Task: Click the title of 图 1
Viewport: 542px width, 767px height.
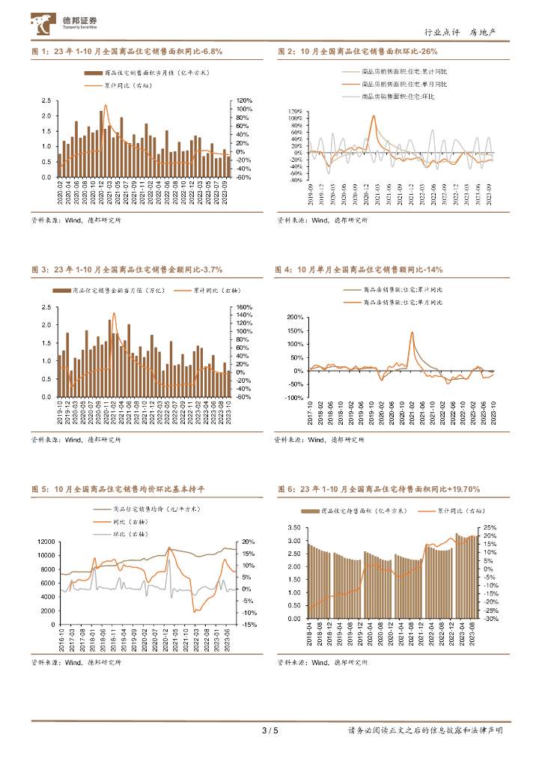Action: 127,52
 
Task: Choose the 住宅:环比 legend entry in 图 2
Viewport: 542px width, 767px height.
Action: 398,97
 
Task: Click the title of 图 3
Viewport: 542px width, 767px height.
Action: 127,269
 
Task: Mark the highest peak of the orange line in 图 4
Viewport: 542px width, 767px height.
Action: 412,333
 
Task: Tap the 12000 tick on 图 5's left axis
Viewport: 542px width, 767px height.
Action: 47,542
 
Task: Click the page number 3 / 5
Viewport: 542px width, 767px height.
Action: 270,730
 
